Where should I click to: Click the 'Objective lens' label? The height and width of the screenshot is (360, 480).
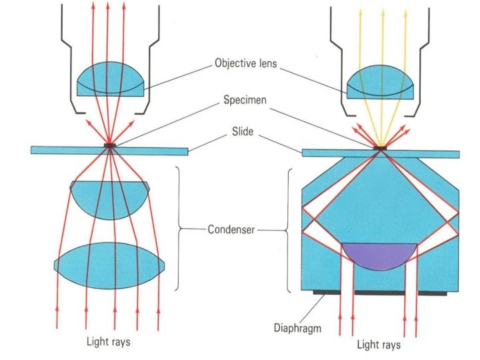coord(246,64)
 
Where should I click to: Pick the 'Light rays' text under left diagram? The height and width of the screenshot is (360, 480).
coord(109,342)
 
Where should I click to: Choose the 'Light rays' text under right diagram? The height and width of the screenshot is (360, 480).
coord(379,345)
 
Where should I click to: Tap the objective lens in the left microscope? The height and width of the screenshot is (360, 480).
coord(109,81)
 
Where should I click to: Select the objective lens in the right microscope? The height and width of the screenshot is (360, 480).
coord(381,83)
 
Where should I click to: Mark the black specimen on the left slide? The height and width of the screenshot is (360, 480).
coord(111,145)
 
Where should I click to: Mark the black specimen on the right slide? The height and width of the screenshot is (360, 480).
coord(381,147)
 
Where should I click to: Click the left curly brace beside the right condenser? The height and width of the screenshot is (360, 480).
coord(289,230)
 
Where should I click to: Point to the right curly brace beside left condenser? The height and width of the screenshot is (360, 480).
coord(179,230)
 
